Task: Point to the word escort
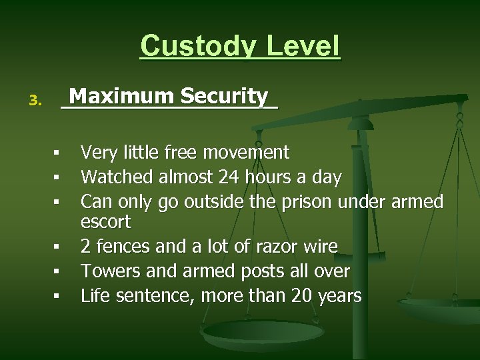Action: (x=105, y=221)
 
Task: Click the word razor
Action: (x=274, y=247)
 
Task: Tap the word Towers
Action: (x=108, y=271)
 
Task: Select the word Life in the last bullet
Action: (x=93, y=295)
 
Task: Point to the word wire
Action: (x=319, y=247)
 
